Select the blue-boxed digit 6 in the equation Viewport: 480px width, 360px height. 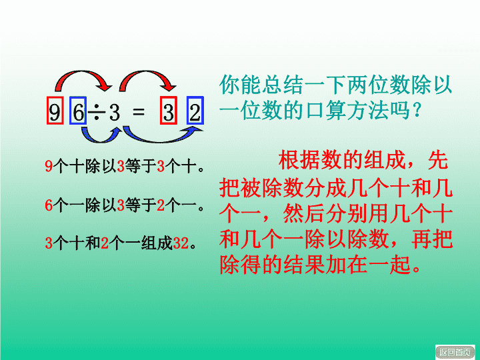coord(78,111)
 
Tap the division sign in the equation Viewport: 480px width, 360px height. coord(97,112)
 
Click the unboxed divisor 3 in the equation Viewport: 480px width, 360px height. coord(115,112)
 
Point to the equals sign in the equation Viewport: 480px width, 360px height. coord(139,111)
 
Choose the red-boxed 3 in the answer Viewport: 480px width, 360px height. coord(169,111)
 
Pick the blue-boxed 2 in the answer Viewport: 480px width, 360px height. coord(195,111)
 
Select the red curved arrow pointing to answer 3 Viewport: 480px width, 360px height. coord(147,73)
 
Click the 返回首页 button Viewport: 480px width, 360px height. coord(455,352)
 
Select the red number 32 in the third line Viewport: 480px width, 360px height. coord(181,243)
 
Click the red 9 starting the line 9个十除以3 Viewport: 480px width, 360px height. coord(49,166)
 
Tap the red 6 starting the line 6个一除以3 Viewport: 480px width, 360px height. coord(49,205)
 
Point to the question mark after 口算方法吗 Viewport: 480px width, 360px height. coord(417,111)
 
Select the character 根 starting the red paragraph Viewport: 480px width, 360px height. coord(289,160)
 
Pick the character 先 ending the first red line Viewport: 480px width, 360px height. coord(438,160)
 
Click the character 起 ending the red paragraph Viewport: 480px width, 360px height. coord(400,264)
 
